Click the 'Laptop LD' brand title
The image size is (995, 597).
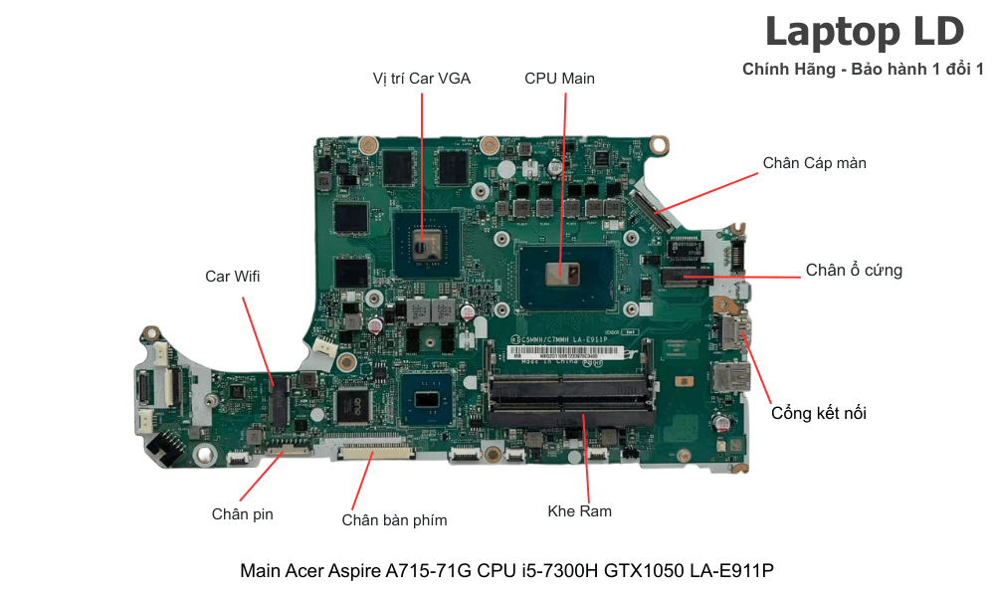point(864,32)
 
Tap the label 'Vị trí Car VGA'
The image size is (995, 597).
point(421,78)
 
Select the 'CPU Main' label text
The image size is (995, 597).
point(559,78)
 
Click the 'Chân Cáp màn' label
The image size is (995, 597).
point(814,162)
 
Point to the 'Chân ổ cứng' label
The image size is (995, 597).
point(854,270)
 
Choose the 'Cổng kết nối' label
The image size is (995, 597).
point(818,412)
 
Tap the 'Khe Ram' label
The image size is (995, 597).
point(579,510)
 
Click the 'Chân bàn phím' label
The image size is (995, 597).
point(394,519)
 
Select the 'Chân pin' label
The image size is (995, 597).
point(242,513)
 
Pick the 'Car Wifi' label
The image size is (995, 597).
point(233,276)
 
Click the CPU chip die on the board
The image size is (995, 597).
point(560,272)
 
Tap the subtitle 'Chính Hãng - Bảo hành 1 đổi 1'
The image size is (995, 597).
point(863,69)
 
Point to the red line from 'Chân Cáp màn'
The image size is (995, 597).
point(708,192)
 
